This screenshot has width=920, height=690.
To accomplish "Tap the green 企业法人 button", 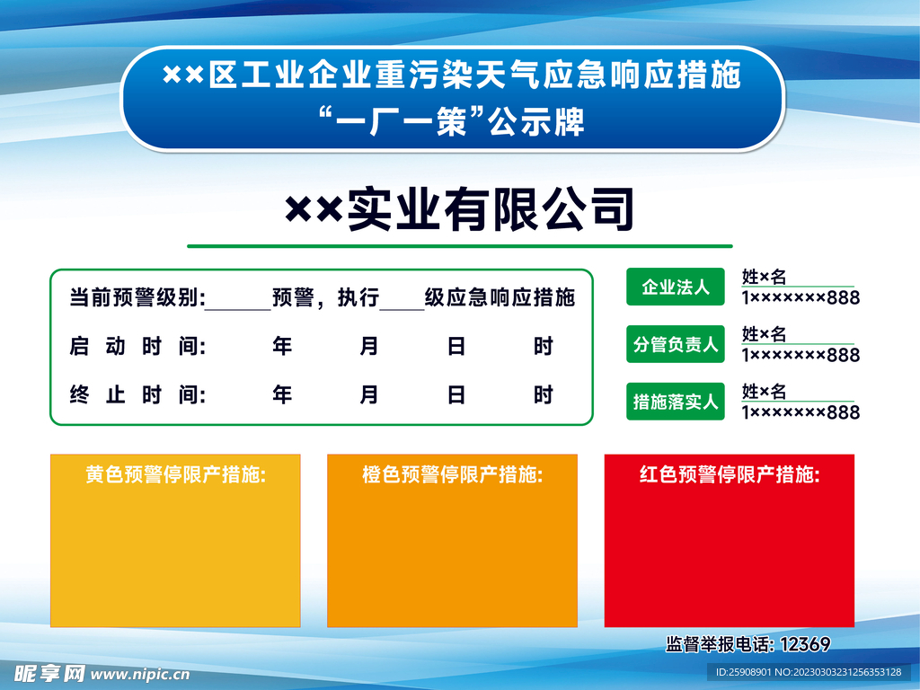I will pyautogui.click(x=676, y=287).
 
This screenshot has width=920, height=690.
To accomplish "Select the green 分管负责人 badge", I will pyautogui.click(x=676, y=344).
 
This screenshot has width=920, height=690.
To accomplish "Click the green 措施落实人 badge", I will pyautogui.click(x=676, y=402).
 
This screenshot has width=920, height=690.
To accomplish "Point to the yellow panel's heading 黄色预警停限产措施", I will pyautogui.click(x=176, y=474).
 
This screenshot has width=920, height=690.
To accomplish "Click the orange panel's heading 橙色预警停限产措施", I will pyautogui.click(x=452, y=474).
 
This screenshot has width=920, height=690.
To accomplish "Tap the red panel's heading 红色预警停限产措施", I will pyautogui.click(x=729, y=474).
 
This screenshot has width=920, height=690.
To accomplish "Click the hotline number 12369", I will pyautogui.click(x=806, y=644).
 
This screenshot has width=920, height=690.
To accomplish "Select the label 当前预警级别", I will pyautogui.click(x=137, y=298).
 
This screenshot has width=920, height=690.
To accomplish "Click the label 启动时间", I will pyautogui.click(x=137, y=347).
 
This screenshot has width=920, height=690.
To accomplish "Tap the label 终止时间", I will pyautogui.click(x=137, y=395).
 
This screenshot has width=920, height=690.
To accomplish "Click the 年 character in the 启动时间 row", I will pyautogui.click(x=282, y=347).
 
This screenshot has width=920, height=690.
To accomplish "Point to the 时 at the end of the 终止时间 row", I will pyautogui.click(x=544, y=395).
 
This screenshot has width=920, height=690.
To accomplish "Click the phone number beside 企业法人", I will pyautogui.click(x=800, y=297).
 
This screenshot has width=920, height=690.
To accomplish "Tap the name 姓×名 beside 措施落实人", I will pyautogui.click(x=764, y=392).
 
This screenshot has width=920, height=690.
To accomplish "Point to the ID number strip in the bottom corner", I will pyautogui.click(x=808, y=672).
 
